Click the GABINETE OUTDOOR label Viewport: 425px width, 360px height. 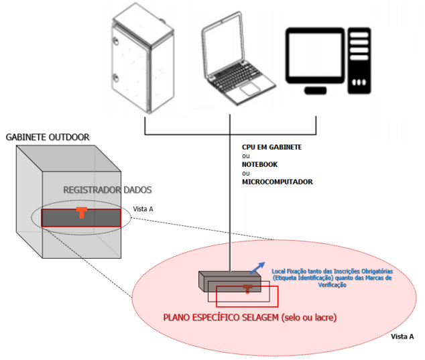point(48,137)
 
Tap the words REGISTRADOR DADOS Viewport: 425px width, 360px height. point(108,190)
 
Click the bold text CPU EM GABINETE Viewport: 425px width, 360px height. point(271,147)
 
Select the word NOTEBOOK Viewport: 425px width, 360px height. point(259,164)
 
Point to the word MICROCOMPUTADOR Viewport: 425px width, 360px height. point(278,182)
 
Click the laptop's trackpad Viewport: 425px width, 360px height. point(250,89)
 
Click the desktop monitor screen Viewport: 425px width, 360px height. point(314,55)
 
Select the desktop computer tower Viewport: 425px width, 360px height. point(359,60)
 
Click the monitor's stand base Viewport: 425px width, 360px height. point(315,91)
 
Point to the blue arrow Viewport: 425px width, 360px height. point(257,268)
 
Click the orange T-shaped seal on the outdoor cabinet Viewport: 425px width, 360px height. point(81,213)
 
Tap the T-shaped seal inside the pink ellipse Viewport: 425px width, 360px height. point(247,289)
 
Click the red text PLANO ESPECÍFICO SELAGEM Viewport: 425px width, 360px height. point(221,318)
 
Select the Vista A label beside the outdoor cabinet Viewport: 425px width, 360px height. point(143,209)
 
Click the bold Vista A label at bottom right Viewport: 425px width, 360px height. point(402,337)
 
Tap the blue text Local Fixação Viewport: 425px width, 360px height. point(289,271)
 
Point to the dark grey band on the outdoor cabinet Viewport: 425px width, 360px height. point(81,218)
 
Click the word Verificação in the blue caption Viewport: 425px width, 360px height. point(332,285)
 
